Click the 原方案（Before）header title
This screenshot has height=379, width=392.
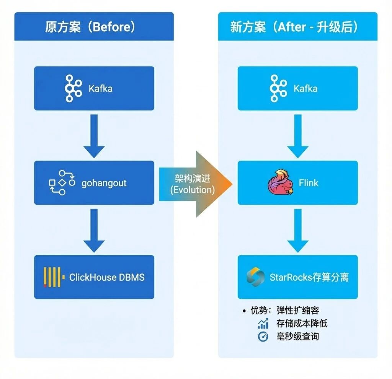pyautogui.click(x=90, y=27)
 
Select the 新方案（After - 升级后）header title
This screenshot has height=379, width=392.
pyautogui.click(x=294, y=27)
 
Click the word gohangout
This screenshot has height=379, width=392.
pyautogui.click(x=104, y=183)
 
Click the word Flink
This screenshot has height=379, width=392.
pyautogui.click(x=309, y=183)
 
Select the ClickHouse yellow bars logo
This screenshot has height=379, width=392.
pyautogui.click(x=52, y=277)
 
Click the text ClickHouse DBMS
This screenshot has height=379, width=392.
pyautogui.click(x=107, y=277)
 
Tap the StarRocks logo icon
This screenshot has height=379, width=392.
pyautogui.click(x=255, y=277)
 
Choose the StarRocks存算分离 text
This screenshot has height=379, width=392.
pyautogui.click(x=309, y=277)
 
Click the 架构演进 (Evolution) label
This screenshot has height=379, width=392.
pyautogui.click(x=193, y=184)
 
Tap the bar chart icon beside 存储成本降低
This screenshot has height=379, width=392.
pyautogui.click(x=263, y=324)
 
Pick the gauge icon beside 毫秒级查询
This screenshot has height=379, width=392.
pyautogui.click(x=263, y=337)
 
